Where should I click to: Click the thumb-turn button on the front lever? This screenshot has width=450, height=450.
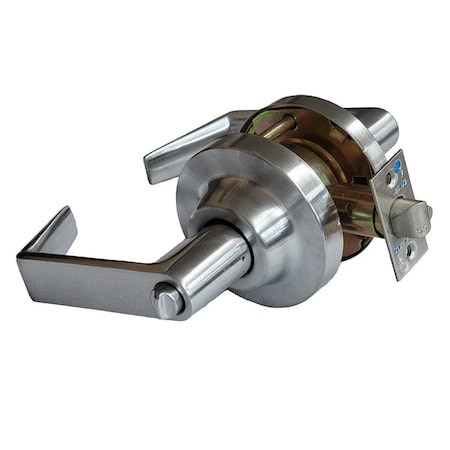click(x=167, y=299)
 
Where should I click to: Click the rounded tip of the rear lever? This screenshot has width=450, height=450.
click(x=152, y=169)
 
